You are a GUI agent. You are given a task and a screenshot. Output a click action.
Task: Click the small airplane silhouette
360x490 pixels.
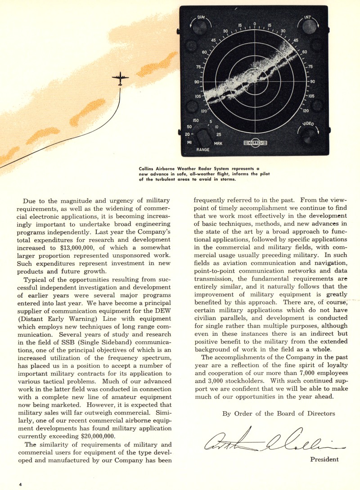(x=120, y=79)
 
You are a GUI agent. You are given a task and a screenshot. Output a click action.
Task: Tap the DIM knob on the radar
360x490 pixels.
(x=200, y=26)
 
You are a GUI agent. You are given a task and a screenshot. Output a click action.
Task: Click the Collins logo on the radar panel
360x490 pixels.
(x=255, y=143)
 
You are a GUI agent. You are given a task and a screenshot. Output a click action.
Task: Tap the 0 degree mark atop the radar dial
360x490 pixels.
(x=255, y=23)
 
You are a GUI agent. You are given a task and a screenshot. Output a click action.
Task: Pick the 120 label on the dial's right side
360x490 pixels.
(x=306, y=110)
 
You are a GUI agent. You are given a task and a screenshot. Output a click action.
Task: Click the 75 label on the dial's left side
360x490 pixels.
(x=198, y=67)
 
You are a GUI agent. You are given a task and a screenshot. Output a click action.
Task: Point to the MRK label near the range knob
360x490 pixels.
(x=218, y=144)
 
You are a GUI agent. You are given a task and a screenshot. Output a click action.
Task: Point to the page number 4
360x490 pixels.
(x=20, y=484)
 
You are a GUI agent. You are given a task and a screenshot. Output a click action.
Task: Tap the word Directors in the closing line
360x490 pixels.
(x=318, y=414)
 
